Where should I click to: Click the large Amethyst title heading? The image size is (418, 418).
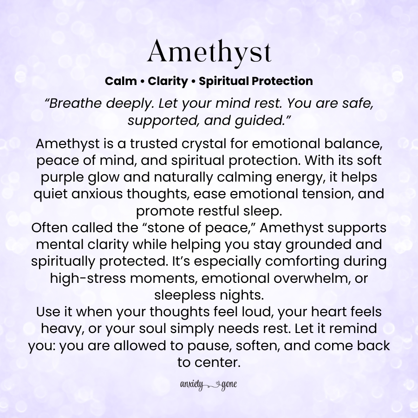(x=209, y=52)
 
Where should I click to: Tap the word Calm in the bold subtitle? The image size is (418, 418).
(x=120, y=81)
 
